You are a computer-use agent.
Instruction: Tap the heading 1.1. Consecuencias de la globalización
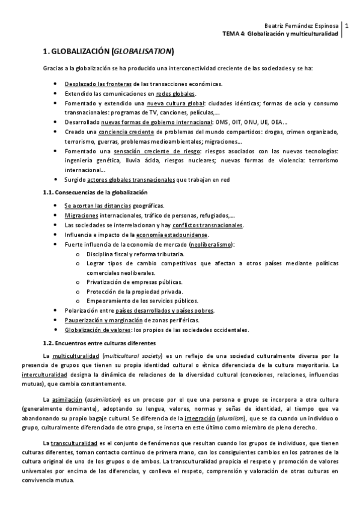[96, 192]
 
